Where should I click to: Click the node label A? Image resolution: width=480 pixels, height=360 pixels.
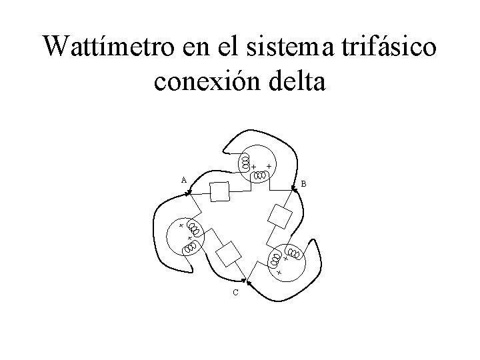click(183, 179)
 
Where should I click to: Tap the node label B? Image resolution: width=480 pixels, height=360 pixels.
click(303, 183)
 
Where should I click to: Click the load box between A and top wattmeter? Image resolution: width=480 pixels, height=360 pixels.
click(219, 191)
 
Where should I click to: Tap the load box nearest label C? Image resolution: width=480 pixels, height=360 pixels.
click(229, 253)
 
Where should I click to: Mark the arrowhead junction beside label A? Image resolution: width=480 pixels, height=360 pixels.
click(189, 194)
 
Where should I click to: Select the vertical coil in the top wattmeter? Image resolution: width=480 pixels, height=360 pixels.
click(245, 162)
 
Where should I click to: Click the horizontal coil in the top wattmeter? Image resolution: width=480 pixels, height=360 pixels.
click(260, 176)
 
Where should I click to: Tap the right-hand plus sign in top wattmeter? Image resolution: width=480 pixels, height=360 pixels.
click(269, 164)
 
